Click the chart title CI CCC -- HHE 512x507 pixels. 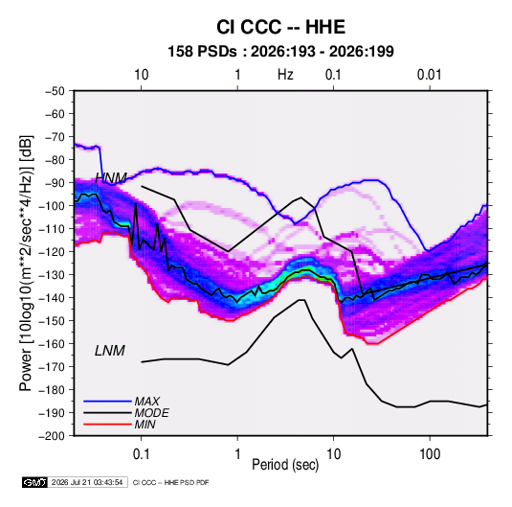[280, 27]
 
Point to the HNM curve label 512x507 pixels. [111, 178]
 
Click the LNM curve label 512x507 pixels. [110, 351]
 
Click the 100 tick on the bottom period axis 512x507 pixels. [430, 454]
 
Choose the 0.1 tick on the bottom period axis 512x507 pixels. [141, 454]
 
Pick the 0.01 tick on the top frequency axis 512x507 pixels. [430, 75]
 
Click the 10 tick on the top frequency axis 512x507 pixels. [142, 75]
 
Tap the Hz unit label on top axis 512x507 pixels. [285, 75]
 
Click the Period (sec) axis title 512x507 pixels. [285, 465]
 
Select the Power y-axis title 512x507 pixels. [26, 263]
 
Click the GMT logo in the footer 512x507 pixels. [35, 482]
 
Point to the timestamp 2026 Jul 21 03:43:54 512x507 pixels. [87, 482]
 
